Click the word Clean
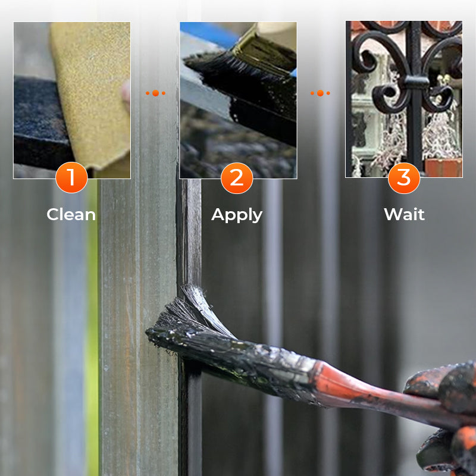[x=71, y=214]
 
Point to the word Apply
[x=237, y=215]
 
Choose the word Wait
[x=404, y=214]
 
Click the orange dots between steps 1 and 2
[x=155, y=93]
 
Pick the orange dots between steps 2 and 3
[x=320, y=93]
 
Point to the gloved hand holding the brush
[x=443, y=416]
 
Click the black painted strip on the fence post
[x=189, y=238]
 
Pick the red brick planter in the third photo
[x=443, y=167]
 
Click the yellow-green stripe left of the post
[x=93, y=327]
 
